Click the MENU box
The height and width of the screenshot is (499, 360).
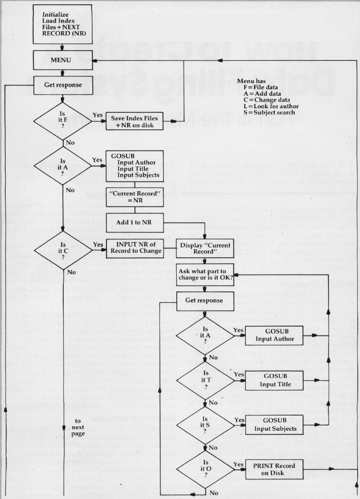[x=61, y=60]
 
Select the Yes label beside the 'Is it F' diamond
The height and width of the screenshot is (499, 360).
[x=98, y=115]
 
